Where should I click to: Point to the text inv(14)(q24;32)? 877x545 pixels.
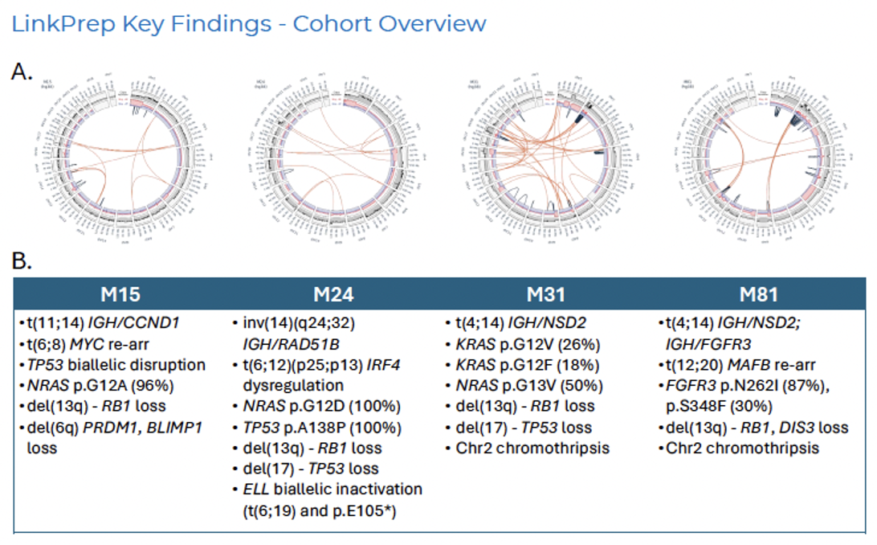coord(298,322)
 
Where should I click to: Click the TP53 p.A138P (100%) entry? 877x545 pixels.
coord(314,427)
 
